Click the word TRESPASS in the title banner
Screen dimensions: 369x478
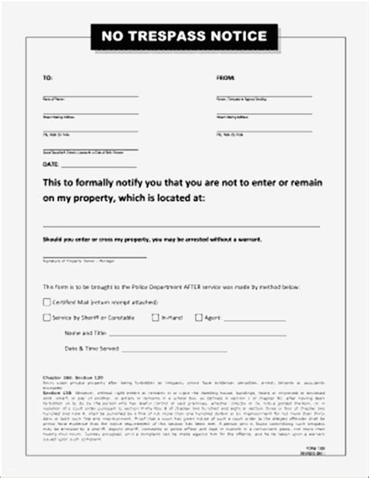(170, 35)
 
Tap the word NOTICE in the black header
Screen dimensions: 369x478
(237, 35)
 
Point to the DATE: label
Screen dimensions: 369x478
(50, 165)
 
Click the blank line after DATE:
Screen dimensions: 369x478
(101, 167)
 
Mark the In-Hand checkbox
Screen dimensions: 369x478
(156, 318)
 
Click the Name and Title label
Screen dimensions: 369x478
(86, 332)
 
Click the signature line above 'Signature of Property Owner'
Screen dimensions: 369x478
(93, 256)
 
